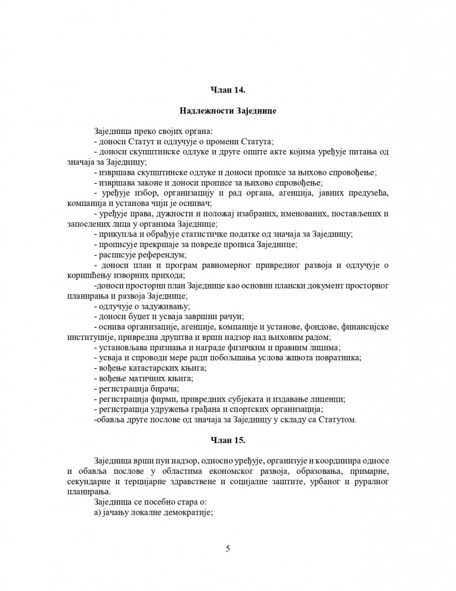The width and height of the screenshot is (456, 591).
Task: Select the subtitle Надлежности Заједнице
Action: click(228, 111)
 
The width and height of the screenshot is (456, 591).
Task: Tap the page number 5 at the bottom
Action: click(228, 548)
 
